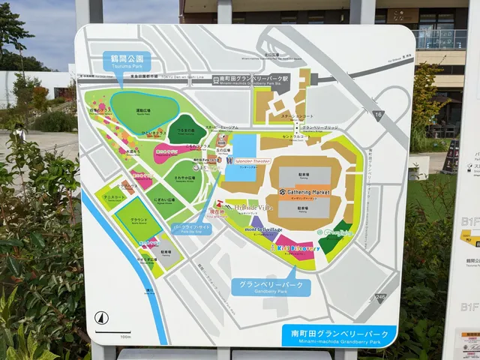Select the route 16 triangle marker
point(377,115)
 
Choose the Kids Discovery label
point(295,247)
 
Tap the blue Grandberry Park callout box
point(271,286)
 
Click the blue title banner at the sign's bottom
point(339,334)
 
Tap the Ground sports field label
point(139,220)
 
